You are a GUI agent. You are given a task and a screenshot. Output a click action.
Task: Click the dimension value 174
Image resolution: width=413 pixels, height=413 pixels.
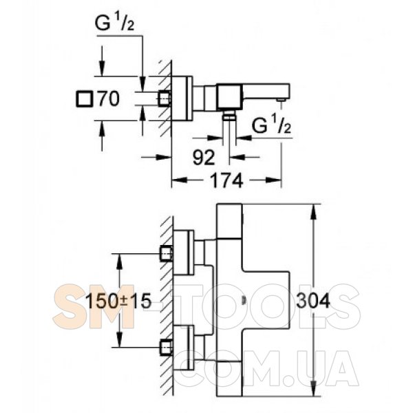[226, 180]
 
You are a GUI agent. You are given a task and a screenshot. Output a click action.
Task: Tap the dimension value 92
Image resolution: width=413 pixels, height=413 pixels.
[204, 158]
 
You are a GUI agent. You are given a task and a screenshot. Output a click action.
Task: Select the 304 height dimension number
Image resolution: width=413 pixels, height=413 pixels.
[313, 301]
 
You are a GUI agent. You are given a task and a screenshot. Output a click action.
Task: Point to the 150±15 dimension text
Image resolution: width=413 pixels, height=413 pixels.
[118, 301]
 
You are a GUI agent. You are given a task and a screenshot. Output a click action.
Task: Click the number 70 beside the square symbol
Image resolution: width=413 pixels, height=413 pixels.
[109, 98]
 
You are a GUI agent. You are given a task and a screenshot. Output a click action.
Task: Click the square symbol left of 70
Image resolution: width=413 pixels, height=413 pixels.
[85, 99]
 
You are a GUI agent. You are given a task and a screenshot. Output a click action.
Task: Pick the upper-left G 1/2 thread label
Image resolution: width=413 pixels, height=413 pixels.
[114, 23]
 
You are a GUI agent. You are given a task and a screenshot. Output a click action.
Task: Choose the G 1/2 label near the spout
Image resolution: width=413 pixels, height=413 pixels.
[271, 125]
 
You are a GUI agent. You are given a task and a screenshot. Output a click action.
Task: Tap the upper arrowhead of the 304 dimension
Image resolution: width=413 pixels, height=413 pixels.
[313, 212]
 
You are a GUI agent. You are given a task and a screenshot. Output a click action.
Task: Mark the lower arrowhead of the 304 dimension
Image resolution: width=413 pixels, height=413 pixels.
[313, 388]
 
